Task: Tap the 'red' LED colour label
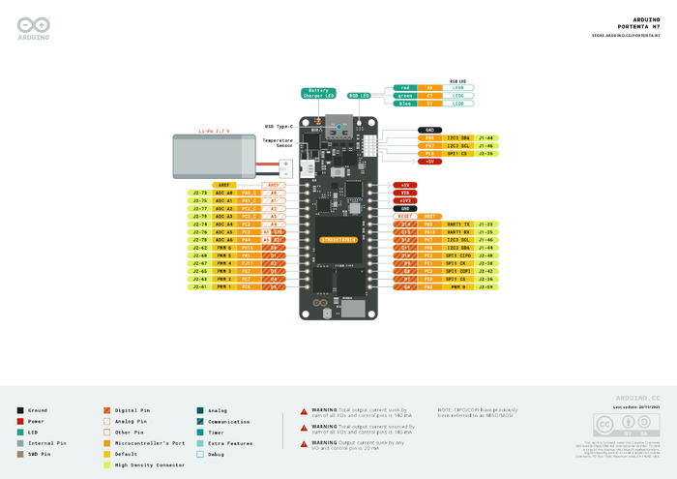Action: tap(405, 87)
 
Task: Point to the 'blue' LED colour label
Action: tap(405, 103)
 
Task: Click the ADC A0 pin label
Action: tap(223, 193)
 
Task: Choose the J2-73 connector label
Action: tap(199, 193)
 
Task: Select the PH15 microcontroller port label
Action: tap(248, 248)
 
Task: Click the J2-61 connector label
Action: tap(199, 287)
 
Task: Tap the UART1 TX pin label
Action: tap(457, 224)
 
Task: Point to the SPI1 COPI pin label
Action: tap(457, 271)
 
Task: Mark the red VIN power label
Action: tap(405, 193)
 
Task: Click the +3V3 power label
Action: tap(405, 200)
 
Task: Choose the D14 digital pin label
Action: tap(405, 224)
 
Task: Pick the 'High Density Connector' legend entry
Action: tap(149, 465)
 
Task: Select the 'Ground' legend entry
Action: tap(38, 411)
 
